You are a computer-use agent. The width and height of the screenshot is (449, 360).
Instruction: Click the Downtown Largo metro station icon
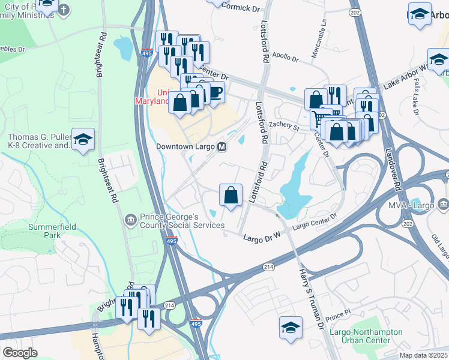221,146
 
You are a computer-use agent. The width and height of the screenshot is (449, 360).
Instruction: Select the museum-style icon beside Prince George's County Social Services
130,220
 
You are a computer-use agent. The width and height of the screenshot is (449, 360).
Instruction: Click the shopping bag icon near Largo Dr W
231,195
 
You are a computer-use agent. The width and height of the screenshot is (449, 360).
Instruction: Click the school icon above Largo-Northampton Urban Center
290,328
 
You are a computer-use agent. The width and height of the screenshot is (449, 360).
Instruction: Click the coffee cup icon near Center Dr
214,93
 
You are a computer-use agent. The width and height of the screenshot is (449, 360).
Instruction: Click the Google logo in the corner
20,353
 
